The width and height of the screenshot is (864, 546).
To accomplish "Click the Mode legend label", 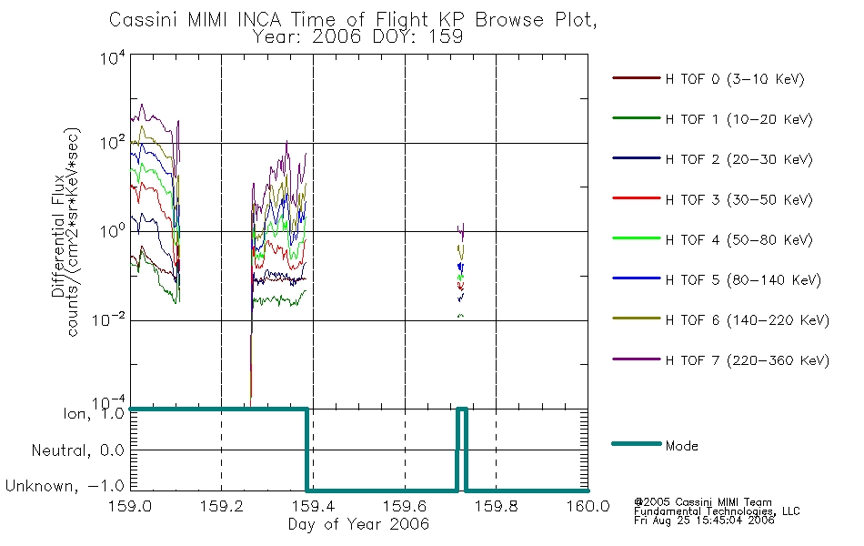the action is click(681, 446).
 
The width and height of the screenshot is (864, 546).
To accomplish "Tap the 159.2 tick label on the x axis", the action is click(222, 506).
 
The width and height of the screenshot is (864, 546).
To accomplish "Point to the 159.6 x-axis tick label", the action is click(405, 506).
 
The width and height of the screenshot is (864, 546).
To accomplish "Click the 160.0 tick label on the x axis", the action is click(588, 506).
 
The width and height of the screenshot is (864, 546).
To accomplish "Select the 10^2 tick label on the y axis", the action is click(113, 144).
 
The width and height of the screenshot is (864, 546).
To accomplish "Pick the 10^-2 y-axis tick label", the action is click(109, 319).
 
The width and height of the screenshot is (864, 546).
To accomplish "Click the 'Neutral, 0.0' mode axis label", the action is click(77, 451).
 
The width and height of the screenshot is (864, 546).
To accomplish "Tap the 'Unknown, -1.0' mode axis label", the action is click(65, 487).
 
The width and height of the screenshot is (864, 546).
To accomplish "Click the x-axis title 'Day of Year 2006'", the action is click(358, 524).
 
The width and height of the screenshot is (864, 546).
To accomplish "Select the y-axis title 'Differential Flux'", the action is click(58, 236).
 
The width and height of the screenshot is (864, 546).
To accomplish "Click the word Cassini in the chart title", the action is click(143, 20).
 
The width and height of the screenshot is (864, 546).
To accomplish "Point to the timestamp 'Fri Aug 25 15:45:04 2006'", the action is click(704, 521).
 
